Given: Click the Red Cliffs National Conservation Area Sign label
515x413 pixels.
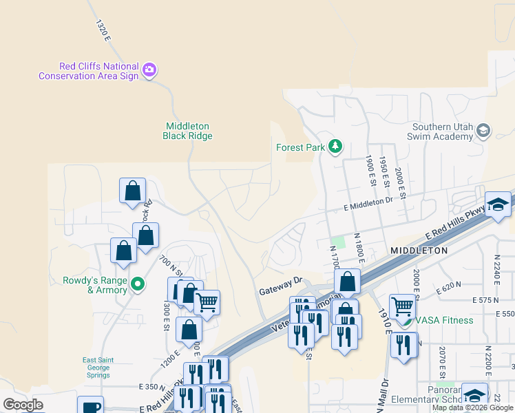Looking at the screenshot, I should point(88,70).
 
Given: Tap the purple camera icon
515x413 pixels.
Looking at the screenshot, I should point(149,69).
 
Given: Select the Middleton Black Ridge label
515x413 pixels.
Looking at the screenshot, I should point(187,131).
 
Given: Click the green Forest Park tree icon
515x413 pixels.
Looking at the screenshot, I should point(335,146).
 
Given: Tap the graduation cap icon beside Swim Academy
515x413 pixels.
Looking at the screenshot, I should point(483,131).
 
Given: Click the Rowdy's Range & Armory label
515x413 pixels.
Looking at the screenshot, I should point(95,285).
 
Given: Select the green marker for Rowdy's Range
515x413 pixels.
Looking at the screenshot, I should point(138,283).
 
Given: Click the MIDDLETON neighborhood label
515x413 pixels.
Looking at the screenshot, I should point(419,251).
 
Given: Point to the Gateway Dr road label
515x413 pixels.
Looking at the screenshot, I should point(281,286).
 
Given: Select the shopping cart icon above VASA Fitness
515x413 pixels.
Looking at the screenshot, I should point(403,305).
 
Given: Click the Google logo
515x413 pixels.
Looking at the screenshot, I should point(23,404).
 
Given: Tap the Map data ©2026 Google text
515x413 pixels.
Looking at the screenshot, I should point(472,407).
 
